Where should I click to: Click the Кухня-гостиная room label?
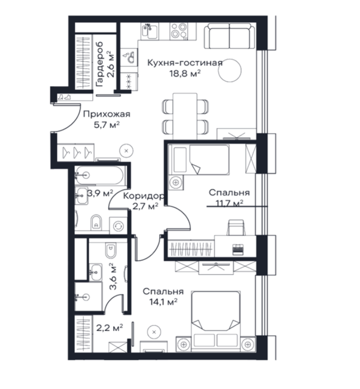pos(185,63)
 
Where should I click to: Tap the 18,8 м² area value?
pos(185,74)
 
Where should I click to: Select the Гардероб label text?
pos(99,64)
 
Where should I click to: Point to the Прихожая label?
pos(107,114)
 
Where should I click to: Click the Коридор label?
pos(144,196)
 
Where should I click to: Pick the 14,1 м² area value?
pos(163,302)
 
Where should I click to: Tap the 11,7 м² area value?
pos(229,203)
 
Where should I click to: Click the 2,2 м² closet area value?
pos(109,328)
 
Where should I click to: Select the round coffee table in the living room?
pos(229,70)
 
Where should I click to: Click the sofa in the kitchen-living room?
pos(229,36)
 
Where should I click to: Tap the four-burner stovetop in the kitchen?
pos(178,31)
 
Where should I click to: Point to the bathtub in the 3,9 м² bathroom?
pos(99,176)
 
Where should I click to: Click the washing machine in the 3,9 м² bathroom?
pos(118,226)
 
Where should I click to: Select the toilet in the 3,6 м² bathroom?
pos(111,250)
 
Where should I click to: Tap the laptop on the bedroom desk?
pos(238,250)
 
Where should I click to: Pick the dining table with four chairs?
pos(185,116)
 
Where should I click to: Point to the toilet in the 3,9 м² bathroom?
pos(96,222)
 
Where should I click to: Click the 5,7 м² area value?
pos(107,125)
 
